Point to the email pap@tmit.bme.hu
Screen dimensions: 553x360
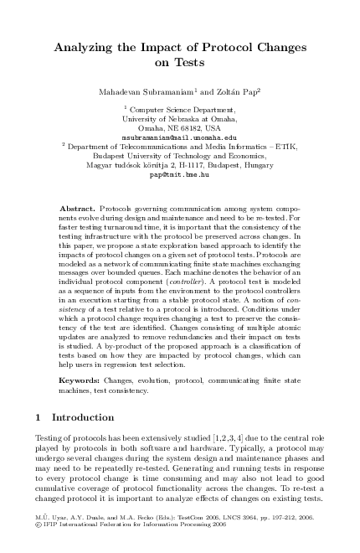coord(179,176)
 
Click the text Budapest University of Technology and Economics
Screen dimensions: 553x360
coord(179,155)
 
